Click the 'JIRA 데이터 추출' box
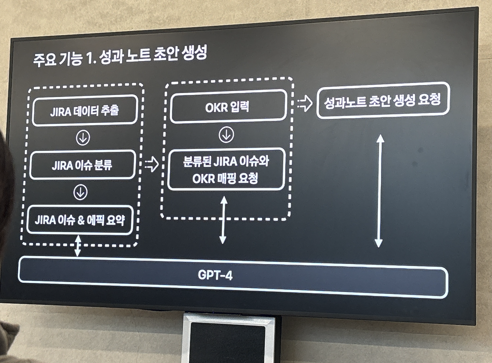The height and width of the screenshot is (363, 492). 85,110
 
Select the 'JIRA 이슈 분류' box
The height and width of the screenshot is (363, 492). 82,165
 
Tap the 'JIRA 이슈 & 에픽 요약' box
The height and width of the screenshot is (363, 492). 80,220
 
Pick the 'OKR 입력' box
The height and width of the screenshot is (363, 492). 228,106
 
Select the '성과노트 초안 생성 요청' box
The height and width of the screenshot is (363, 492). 382,100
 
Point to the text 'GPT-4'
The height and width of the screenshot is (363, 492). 215,275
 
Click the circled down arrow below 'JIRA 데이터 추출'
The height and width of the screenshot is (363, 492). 83,138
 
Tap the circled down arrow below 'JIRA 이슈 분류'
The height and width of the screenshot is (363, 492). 80,192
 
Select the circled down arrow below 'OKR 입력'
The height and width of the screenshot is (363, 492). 226,135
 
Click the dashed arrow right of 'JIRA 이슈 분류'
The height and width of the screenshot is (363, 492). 152,164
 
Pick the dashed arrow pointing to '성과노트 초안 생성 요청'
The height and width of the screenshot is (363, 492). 305,103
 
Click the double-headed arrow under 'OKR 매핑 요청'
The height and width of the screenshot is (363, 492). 223,220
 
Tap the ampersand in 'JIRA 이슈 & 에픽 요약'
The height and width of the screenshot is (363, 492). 81,220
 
